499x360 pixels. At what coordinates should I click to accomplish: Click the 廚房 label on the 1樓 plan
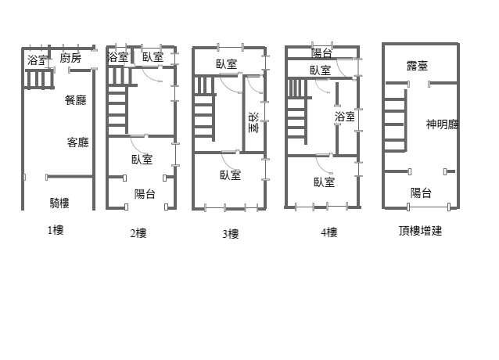click(x=70, y=58)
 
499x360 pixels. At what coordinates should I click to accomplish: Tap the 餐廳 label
click(x=76, y=100)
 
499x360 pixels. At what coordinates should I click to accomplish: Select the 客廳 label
click(x=77, y=142)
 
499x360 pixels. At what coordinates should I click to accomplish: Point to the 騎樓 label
click(x=59, y=203)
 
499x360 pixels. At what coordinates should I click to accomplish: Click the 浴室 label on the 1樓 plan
click(x=38, y=60)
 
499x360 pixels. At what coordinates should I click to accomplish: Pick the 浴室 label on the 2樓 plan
click(x=118, y=57)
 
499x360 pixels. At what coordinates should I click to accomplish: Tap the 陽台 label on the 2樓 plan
click(x=145, y=193)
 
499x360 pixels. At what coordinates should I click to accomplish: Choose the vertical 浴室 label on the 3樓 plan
click(x=253, y=122)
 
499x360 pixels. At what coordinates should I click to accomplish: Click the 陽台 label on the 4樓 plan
click(x=321, y=53)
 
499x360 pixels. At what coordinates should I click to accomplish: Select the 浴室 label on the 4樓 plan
click(x=345, y=117)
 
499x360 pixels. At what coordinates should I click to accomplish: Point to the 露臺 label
click(x=417, y=66)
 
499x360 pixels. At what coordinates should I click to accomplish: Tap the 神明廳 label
click(x=443, y=124)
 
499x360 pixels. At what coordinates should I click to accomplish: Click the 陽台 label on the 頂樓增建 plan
click(x=421, y=193)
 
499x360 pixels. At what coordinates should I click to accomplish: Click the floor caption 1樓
click(x=56, y=230)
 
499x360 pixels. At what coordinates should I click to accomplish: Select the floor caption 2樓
click(x=138, y=233)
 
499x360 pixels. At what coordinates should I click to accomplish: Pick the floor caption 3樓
click(x=231, y=234)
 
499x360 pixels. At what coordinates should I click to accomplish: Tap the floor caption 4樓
click(x=328, y=232)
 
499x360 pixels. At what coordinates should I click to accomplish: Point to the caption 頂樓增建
click(x=420, y=230)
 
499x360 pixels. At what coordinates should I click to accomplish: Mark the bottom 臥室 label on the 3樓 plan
click(x=231, y=175)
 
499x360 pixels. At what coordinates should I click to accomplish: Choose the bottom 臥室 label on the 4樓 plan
click(x=325, y=182)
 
